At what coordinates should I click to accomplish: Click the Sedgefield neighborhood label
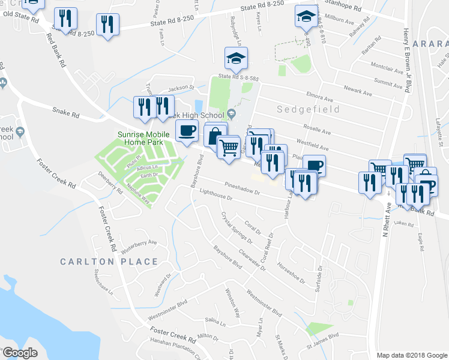coord(308,110)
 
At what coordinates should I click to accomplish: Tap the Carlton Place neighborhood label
coord(109,262)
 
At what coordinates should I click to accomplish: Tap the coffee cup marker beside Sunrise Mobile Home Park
coord(187,130)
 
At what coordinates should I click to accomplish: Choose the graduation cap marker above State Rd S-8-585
coord(236,58)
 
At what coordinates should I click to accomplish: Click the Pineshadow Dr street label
coord(241,188)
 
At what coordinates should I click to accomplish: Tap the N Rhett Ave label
coord(387,218)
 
